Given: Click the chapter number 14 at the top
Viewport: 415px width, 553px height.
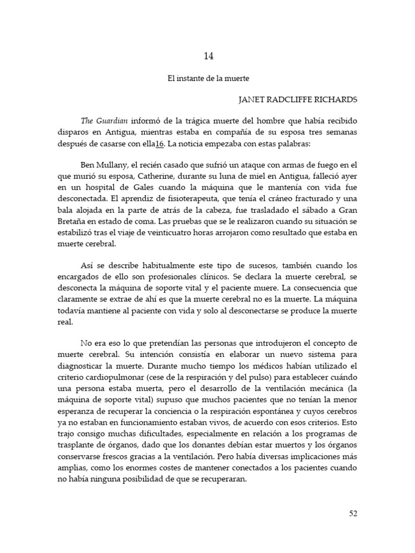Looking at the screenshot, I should point(209,55).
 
